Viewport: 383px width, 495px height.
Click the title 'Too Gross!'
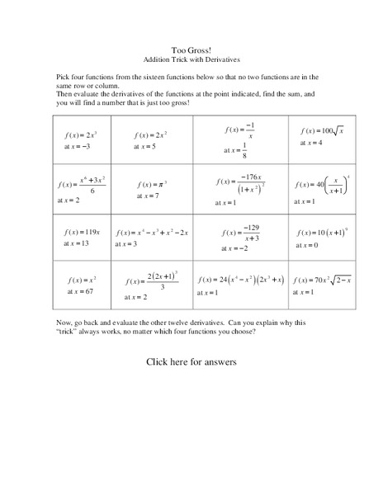tap(191, 50)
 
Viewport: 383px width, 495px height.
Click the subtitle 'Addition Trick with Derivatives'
tap(191, 60)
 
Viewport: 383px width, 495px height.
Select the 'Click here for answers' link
tap(191, 361)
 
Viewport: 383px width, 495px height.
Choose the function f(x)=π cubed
tap(153, 184)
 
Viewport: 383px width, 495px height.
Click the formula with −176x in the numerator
tap(239, 184)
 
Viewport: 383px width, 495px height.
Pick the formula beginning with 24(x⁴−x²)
tap(242, 279)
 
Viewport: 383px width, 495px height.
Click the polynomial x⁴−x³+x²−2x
tap(153, 232)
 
